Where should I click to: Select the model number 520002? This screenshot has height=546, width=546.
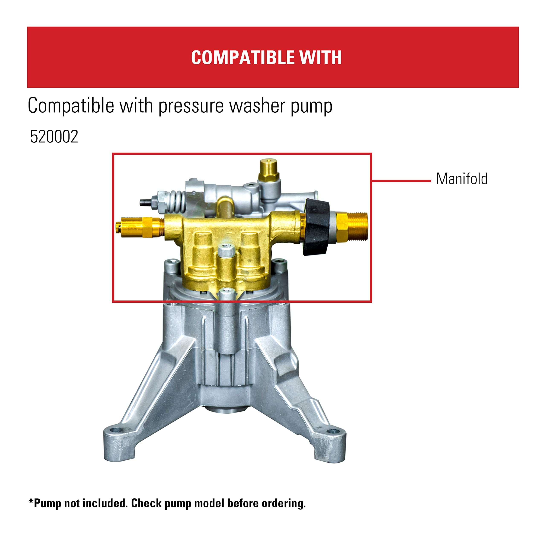pyautogui.click(x=54, y=137)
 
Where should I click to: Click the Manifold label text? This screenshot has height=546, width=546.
pyautogui.click(x=462, y=179)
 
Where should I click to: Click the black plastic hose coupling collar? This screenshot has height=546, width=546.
pyautogui.click(x=316, y=226)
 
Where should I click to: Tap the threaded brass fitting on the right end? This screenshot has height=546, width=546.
pyautogui.click(x=357, y=226)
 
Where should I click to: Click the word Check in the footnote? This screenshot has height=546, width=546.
pyautogui.click(x=146, y=503)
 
